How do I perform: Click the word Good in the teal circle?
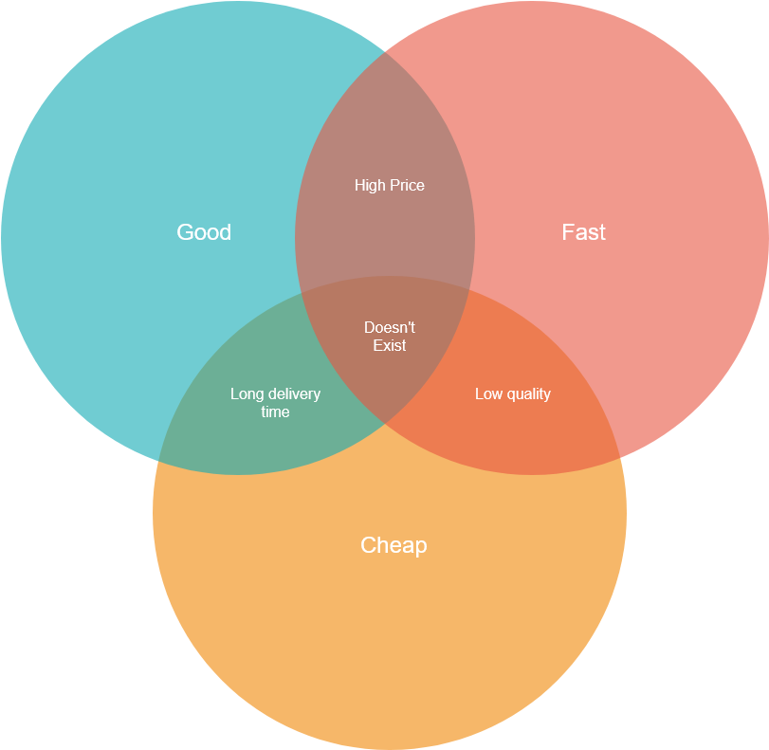point(204,232)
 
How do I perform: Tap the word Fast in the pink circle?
point(583,232)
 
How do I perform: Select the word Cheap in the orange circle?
point(394,545)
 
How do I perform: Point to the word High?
point(370,186)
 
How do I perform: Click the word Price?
point(407,186)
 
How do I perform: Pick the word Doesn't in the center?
point(390,327)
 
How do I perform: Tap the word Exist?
point(390,345)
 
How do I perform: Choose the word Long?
point(247,394)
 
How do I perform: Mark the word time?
point(275,412)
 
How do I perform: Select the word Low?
point(488,393)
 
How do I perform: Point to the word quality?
point(529,394)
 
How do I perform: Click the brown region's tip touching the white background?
point(386,51)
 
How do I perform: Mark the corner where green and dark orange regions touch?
point(386,423)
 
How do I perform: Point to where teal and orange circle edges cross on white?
point(158,461)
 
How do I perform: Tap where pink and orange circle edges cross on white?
point(620,458)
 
